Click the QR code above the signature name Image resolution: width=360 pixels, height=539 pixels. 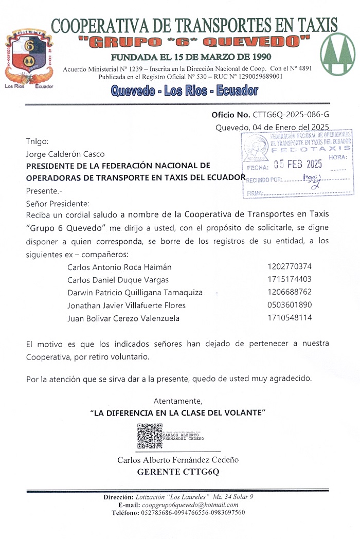tap(150, 436)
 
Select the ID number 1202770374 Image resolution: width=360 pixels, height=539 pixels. tap(290, 267)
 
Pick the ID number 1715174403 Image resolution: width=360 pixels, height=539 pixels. tap(290, 280)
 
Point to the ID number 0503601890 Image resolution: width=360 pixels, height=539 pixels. tap(290, 305)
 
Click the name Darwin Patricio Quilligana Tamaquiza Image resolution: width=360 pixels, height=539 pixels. tap(135, 293)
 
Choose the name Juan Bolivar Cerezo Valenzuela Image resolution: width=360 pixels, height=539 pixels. tap(123, 318)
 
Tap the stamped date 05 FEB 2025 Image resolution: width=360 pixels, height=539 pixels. tap(298, 165)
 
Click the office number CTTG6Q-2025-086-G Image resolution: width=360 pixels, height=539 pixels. tap(291, 115)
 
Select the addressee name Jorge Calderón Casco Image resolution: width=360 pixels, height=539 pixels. tap(65, 154)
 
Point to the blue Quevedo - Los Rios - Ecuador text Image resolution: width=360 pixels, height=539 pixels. tap(184, 91)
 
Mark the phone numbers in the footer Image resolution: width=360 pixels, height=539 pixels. tap(193, 513)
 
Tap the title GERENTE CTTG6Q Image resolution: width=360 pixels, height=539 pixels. tap(178, 472)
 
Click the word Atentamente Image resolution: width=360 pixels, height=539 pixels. tap(178, 401)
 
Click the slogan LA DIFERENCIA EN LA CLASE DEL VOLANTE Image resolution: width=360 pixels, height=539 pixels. tap(178, 412)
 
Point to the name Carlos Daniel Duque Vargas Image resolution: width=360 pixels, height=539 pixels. tap(118, 280)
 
